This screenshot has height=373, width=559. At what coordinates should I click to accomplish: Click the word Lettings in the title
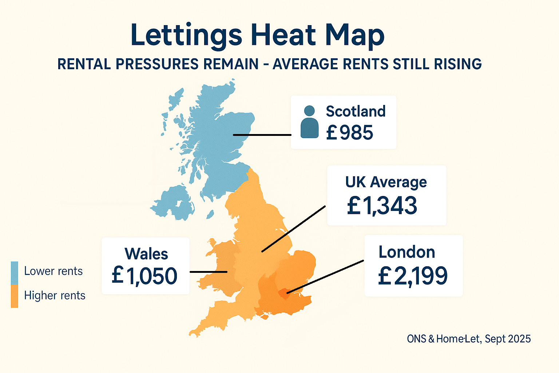pyautogui.click(x=186, y=35)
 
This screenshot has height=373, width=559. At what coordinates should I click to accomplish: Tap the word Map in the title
pyautogui.click(x=354, y=35)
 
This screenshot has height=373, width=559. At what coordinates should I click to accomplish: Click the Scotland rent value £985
pyautogui.click(x=349, y=133)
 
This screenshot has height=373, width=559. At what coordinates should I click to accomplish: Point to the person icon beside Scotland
pyautogui.click(x=309, y=122)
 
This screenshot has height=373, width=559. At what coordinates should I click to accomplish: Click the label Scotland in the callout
pyautogui.click(x=356, y=111)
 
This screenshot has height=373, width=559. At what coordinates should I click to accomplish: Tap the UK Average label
pyautogui.click(x=386, y=182)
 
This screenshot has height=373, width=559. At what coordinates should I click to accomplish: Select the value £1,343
pyautogui.click(x=382, y=205)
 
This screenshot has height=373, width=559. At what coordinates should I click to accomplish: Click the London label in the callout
pyautogui.click(x=407, y=252)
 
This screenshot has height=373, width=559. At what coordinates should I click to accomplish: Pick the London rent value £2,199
pyautogui.click(x=413, y=276)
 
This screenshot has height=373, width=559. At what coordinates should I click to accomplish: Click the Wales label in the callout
pyautogui.click(x=146, y=254)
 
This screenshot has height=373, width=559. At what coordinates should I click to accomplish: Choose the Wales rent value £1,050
pyautogui.click(x=144, y=276)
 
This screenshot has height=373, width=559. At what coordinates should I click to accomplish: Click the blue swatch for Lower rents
pyautogui.click(x=15, y=273)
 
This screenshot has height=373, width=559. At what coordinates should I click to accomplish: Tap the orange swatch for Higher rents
pyautogui.click(x=15, y=296)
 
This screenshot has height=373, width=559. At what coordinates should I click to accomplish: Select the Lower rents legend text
pyautogui.click(x=53, y=271)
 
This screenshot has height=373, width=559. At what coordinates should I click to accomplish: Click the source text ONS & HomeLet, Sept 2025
pyautogui.click(x=469, y=339)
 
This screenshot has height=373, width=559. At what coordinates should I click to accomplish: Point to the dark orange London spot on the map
pyautogui.click(x=284, y=292)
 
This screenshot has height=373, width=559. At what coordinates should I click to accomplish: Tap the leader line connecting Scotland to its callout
pyautogui.click(x=262, y=135)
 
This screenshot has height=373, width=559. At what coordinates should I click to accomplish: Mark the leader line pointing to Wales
pyautogui.click(x=208, y=272)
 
